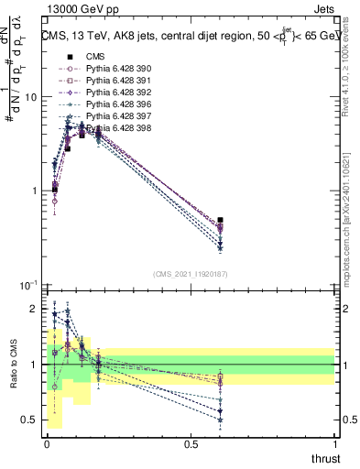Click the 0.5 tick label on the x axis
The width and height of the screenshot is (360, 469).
[x=191, y=443]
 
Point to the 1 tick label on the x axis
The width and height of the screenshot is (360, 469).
[x=334, y=443]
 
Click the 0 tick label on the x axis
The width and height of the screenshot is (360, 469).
[x=47, y=443]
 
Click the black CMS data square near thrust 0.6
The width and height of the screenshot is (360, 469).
[x=220, y=220]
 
